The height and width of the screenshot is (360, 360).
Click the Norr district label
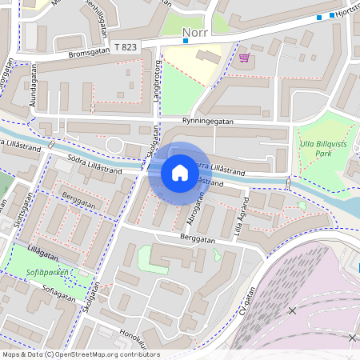pos(196,34)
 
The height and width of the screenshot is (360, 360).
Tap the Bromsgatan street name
pos(87,53)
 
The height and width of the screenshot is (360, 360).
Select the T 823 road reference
pos(126,48)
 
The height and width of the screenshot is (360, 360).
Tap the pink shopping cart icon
pos(243,57)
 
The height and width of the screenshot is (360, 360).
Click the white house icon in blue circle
pos(180,173)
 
